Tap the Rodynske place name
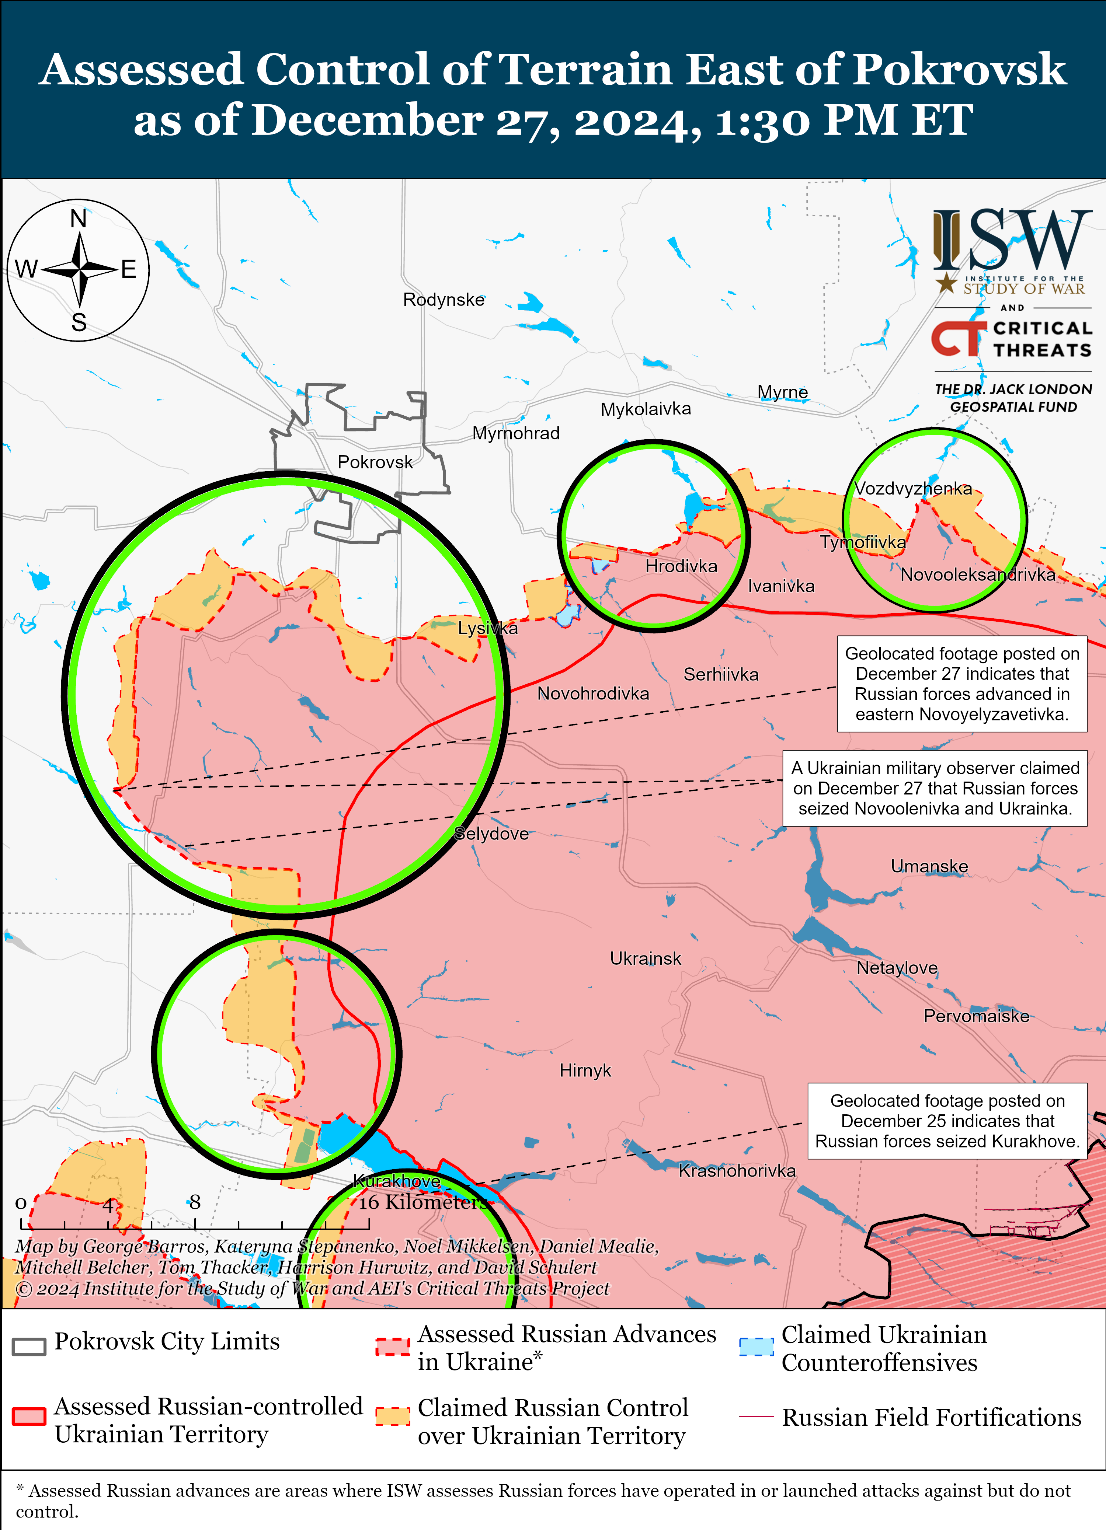pos(444,300)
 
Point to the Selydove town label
pos(491,834)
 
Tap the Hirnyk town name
pos(585,1070)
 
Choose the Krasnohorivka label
pos(737,1170)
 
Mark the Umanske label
pos(929,866)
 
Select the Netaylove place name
pos(897,968)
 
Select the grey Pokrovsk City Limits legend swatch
pos(29,1346)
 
